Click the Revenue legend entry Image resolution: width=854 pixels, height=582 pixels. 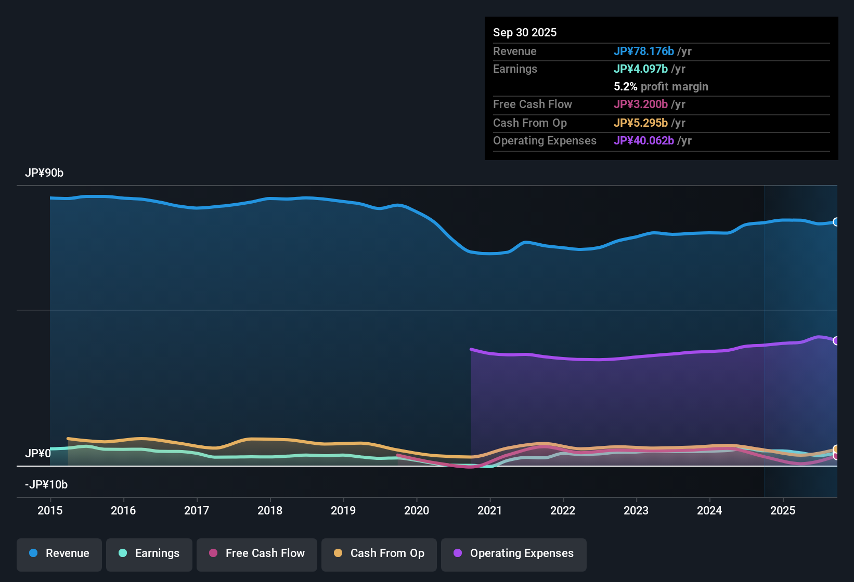click(x=59, y=553)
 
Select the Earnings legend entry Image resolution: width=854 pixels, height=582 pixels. click(x=149, y=553)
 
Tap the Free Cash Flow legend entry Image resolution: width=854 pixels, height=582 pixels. click(x=257, y=553)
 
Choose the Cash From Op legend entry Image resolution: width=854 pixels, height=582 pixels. click(x=379, y=553)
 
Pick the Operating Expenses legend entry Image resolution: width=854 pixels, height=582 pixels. click(x=514, y=553)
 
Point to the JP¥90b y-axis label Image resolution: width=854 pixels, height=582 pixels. click(x=44, y=173)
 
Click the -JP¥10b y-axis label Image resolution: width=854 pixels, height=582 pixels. click(x=46, y=485)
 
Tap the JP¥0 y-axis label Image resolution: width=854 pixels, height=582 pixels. click(x=38, y=454)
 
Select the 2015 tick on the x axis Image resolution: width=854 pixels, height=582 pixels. click(x=50, y=511)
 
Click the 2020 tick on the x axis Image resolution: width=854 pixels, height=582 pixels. click(x=417, y=511)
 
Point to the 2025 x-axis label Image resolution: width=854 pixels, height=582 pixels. click(x=783, y=511)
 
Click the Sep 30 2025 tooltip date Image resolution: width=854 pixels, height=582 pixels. click(x=525, y=33)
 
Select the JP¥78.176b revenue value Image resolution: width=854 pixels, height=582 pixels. click(x=644, y=51)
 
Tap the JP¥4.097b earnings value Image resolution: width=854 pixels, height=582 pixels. click(x=641, y=69)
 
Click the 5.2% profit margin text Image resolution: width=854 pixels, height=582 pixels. click(x=661, y=87)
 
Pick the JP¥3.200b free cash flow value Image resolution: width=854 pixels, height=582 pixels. click(x=641, y=104)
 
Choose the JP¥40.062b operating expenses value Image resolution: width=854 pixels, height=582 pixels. click(x=644, y=141)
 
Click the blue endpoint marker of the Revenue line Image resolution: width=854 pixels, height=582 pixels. click(x=836, y=222)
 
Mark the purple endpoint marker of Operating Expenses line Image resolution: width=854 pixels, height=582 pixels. click(x=836, y=341)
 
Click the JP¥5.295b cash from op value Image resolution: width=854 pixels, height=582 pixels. click(x=641, y=123)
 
